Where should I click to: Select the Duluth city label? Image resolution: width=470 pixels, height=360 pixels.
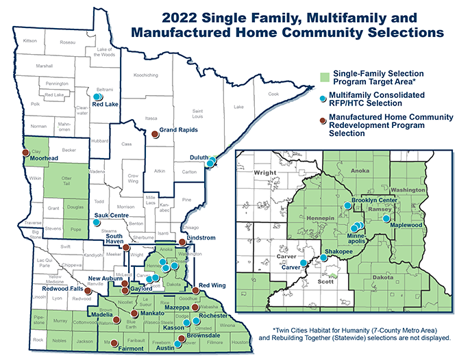click(199, 157)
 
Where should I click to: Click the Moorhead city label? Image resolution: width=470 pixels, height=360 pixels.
click(42, 157)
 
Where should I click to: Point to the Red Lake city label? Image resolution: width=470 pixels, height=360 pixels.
click(106, 104)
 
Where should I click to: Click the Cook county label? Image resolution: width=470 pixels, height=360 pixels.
click(273, 94)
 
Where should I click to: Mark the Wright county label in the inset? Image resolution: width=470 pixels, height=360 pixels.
click(265, 174)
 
